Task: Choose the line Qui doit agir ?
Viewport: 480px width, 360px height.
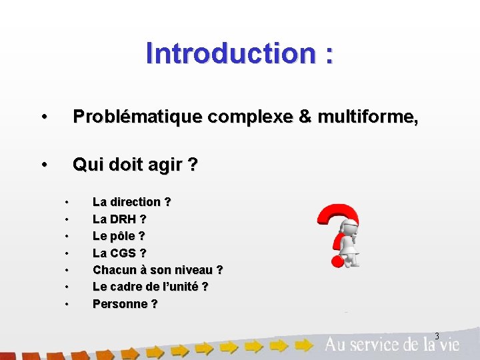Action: [x=135, y=164]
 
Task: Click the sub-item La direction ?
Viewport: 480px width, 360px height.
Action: [x=131, y=201]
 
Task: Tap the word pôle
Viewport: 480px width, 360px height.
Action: [x=121, y=236]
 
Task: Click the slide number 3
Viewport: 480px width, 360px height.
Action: [x=437, y=335]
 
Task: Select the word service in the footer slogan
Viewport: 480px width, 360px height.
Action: [x=379, y=345]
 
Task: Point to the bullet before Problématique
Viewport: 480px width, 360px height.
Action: [x=43, y=117]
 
